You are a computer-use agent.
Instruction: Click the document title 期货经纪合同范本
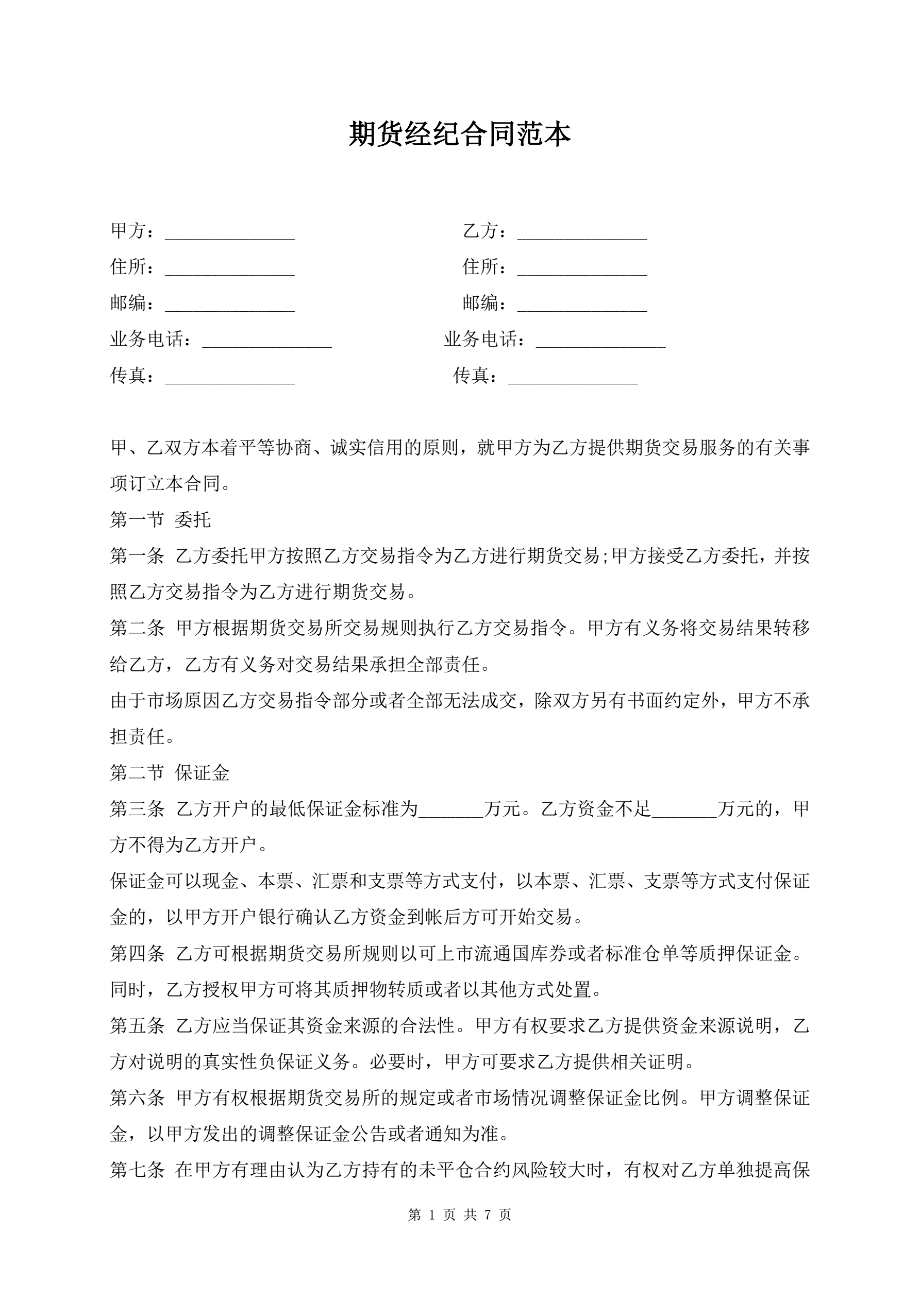pyautogui.click(x=459, y=134)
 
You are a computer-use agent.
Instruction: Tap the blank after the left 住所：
pyautogui.click(x=229, y=269)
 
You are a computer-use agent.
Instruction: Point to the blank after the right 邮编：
pyautogui.click(x=582, y=305)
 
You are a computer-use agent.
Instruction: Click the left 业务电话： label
pyautogui.click(x=150, y=340)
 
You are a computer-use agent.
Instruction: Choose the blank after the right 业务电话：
pyautogui.click(x=600, y=342)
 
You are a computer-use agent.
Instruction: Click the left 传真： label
pyautogui.click(x=132, y=376)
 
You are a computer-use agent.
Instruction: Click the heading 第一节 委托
pyautogui.click(x=160, y=520)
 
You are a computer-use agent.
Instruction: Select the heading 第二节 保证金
pyautogui.click(x=170, y=773)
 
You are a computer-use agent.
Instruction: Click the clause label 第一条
pyautogui.click(x=137, y=556)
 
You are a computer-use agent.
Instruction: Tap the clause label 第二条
pyautogui.click(x=137, y=628)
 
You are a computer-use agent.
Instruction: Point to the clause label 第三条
pyautogui.click(x=137, y=809)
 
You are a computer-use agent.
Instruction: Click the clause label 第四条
pyautogui.click(x=137, y=953)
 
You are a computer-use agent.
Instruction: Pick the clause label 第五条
pyautogui.click(x=137, y=1026)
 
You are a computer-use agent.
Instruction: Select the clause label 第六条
pyautogui.click(x=137, y=1098)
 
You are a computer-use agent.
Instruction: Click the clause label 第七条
pyautogui.click(x=137, y=1170)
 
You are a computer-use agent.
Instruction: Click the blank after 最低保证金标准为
pyautogui.click(x=451, y=811)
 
